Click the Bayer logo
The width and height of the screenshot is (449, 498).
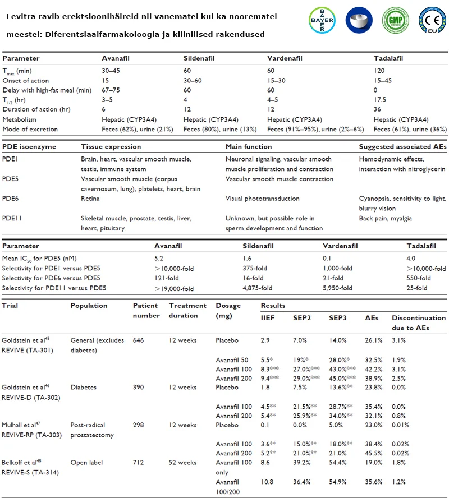(322, 20)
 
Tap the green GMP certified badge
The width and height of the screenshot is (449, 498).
(395, 20)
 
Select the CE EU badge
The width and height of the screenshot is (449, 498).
(432, 20)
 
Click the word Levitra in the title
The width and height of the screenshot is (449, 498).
(21, 16)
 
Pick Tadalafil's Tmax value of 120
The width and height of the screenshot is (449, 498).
(379, 71)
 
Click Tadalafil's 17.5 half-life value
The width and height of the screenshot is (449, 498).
(380, 100)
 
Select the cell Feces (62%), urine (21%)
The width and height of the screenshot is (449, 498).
(138, 129)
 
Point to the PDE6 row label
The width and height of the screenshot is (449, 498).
(11, 199)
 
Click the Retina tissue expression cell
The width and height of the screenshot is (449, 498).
(90, 199)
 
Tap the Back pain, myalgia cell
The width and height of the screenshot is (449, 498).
(386, 219)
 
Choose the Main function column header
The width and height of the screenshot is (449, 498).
(249, 147)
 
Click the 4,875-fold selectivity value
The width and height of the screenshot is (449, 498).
(258, 288)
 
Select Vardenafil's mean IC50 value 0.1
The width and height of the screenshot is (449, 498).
(327, 258)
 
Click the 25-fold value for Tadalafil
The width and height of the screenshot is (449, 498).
(417, 288)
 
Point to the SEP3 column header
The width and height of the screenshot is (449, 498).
(338, 318)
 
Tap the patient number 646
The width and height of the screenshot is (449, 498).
(138, 340)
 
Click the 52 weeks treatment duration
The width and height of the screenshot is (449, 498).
(183, 463)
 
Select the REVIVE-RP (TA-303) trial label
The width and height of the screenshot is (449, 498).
(32, 435)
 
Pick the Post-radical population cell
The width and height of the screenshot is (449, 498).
(88, 425)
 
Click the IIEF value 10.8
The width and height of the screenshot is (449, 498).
(267, 482)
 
